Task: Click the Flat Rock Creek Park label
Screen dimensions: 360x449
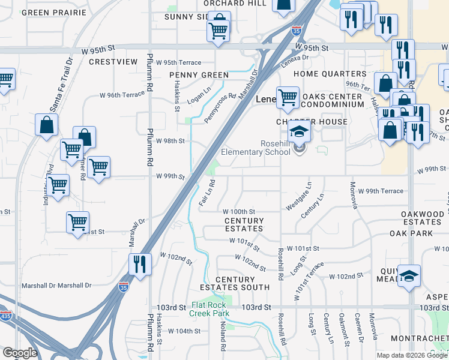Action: click(x=209, y=308)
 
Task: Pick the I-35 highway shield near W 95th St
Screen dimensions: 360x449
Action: click(x=296, y=29)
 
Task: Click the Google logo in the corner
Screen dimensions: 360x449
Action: click(x=20, y=353)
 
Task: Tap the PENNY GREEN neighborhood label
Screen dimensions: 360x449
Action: click(x=199, y=75)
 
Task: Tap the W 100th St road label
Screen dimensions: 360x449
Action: click(x=239, y=212)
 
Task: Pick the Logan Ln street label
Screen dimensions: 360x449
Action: click(x=198, y=91)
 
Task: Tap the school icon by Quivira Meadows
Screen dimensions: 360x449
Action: click(x=409, y=276)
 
